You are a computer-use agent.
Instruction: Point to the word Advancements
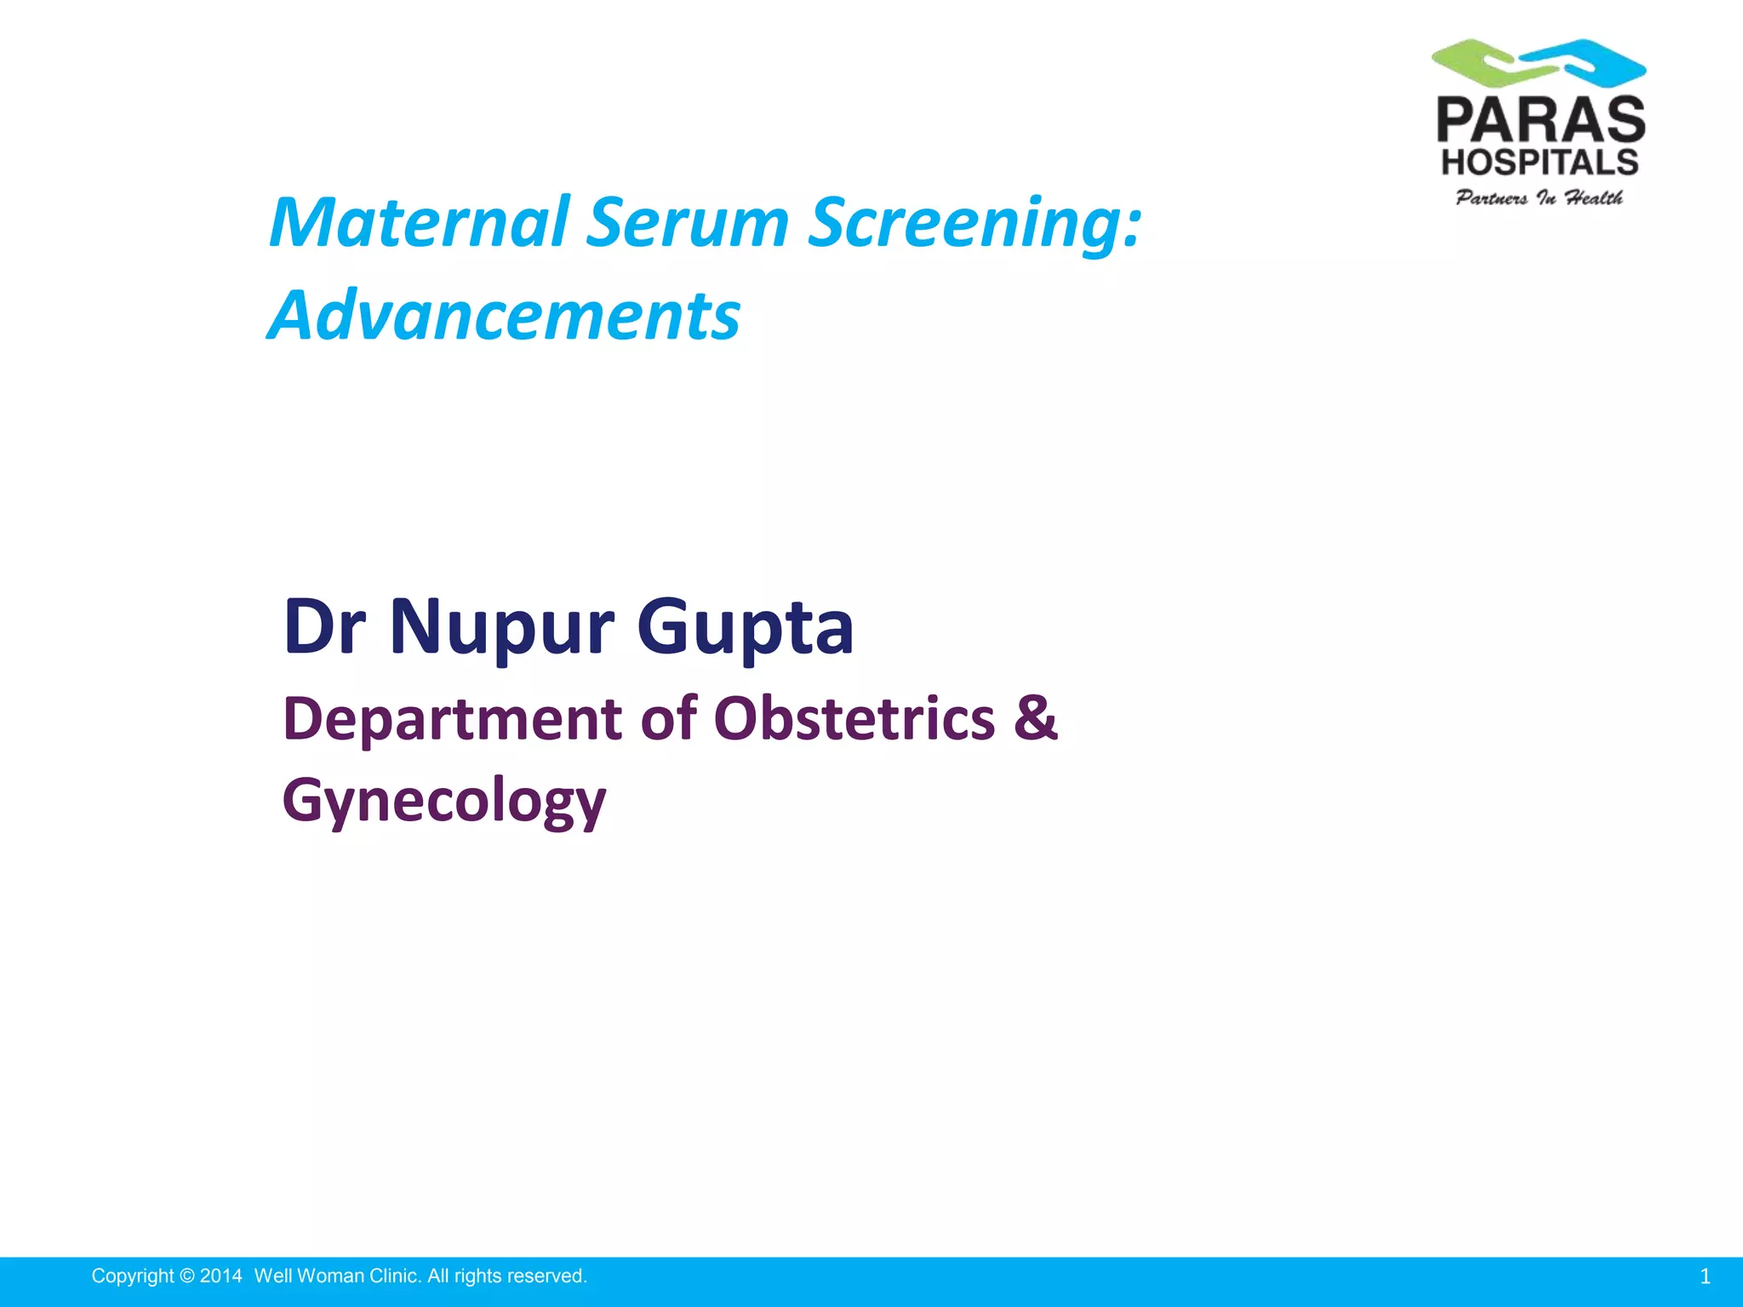(x=504, y=316)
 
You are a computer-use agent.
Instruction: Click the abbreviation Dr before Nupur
(x=324, y=627)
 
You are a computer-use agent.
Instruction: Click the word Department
(x=453, y=720)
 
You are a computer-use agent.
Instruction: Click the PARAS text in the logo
(x=1540, y=120)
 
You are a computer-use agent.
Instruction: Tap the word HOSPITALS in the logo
(x=1540, y=162)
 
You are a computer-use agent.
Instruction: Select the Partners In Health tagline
(x=1539, y=198)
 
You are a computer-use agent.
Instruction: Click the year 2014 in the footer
(x=220, y=1276)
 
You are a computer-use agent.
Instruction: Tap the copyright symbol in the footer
(x=187, y=1276)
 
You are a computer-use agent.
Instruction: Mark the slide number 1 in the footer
(x=1705, y=1276)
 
